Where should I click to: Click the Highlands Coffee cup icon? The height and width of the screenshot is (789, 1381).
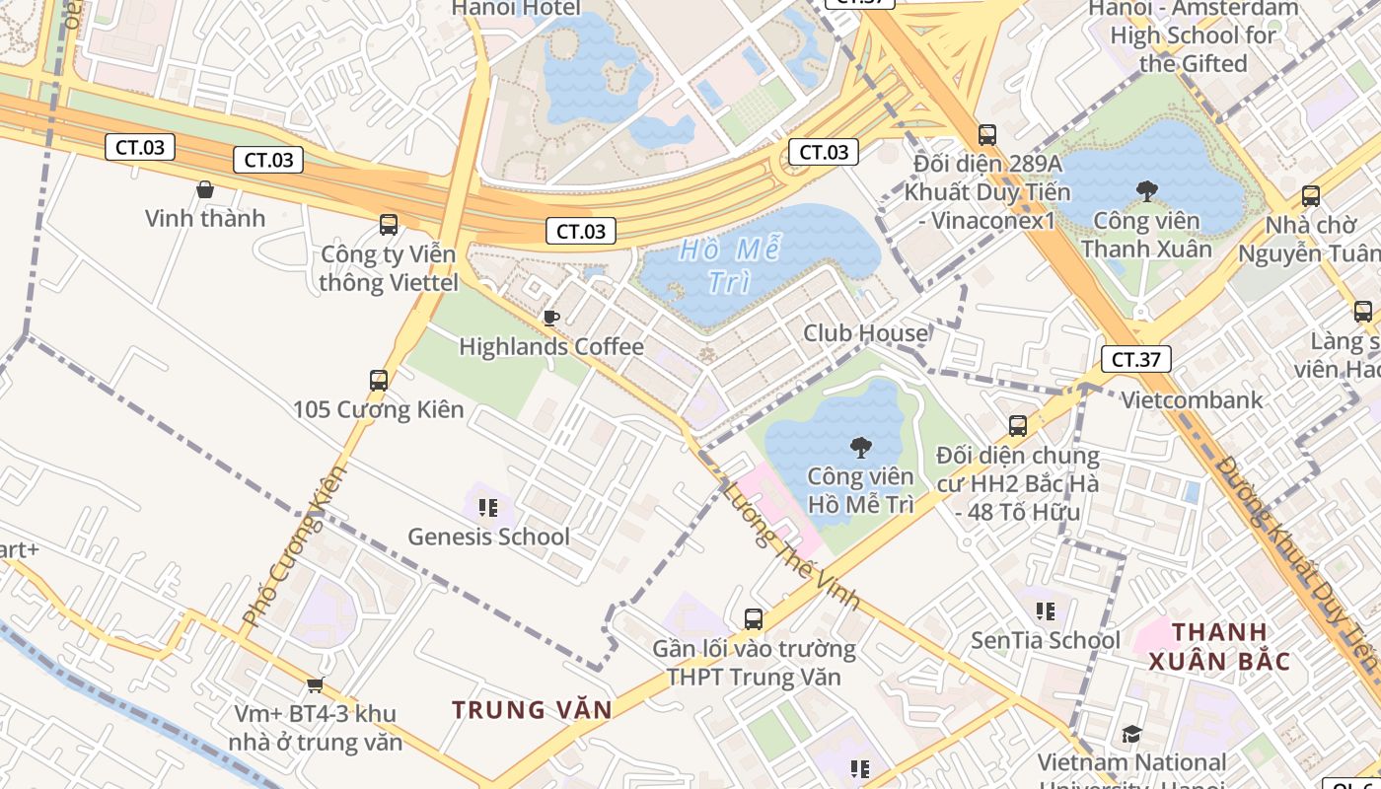pos(550,318)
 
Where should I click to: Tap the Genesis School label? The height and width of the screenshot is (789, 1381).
pos(488,537)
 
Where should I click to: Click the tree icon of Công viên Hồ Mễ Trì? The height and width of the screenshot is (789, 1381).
pos(860,448)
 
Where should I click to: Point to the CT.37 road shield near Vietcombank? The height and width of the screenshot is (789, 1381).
pos(1135,359)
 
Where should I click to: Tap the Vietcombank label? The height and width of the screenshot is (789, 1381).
pos(1192,399)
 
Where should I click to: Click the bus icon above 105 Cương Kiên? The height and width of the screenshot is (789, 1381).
pos(378,380)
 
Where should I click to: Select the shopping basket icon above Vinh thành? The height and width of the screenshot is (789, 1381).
pos(205,188)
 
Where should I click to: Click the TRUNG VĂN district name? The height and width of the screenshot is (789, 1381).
pos(532,709)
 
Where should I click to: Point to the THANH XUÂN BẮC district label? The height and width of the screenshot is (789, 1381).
pos(1219,646)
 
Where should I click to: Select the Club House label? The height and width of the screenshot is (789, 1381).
pos(865,333)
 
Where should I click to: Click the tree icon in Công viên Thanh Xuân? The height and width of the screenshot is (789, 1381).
pos(1146,189)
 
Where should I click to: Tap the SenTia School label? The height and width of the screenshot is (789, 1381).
pos(1046,640)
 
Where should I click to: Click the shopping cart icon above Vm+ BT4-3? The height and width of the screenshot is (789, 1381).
pos(315,684)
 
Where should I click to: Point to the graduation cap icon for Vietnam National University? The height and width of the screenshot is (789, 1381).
pos(1131,735)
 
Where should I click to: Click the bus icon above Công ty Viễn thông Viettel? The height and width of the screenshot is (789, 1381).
pos(389,224)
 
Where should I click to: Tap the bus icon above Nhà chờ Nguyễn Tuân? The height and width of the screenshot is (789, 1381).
pos(1310,196)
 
